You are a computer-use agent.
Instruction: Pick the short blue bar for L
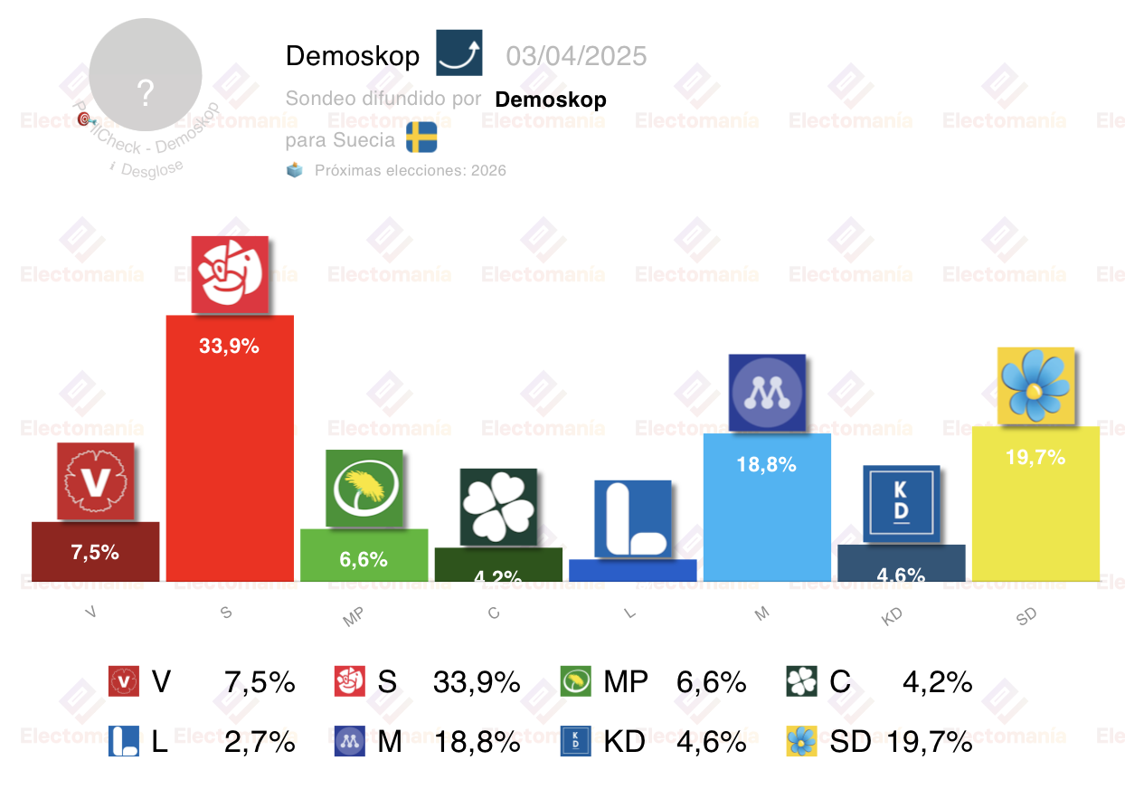[x=632, y=571]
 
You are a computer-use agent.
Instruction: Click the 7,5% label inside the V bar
[x=95, y=552]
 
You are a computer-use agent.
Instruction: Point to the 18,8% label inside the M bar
[x=767, y=465]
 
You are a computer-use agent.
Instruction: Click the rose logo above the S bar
[x=230, y=274]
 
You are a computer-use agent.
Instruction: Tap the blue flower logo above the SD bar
[x=1035, y=385]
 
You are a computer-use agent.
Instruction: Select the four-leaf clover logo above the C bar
[x=498, y=507]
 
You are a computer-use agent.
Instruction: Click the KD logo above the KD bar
[x=901, y=504]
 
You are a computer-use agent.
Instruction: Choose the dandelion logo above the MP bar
[x=364, y=488]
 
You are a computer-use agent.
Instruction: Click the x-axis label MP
[x=353, y=617]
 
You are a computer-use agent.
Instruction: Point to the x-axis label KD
[x=891, y=615]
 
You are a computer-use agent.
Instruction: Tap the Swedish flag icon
[x=421, y=138]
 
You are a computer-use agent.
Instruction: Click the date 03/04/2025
[x=576, y=56]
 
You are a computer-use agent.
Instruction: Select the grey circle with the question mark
[x=146, y=73]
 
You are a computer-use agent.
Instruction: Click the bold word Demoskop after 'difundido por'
[x=550, y=99]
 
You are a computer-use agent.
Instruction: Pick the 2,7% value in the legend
[x=260, y=742]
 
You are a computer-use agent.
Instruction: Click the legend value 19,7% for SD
[x=930, y=742]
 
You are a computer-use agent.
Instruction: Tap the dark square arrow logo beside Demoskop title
[x=459, y=52]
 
